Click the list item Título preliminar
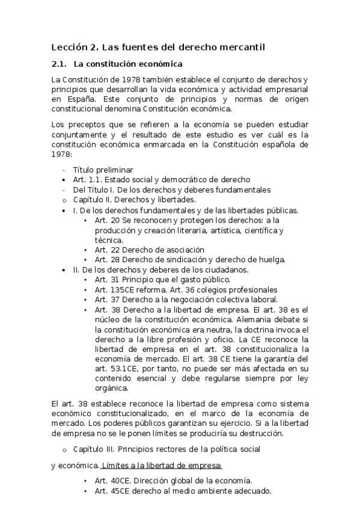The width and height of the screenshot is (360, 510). coord(103,170)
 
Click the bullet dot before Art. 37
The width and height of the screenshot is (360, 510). coord(87,300)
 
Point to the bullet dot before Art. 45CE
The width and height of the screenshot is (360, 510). coord(87,491)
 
